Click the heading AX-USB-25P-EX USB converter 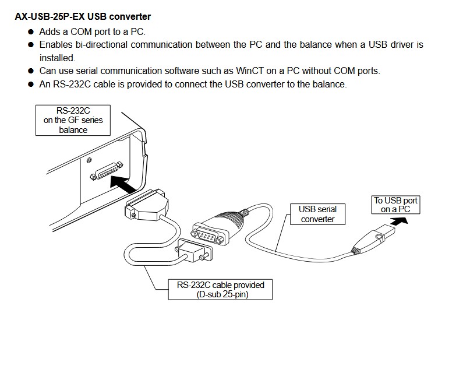(82, 17)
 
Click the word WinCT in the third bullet (252, 71)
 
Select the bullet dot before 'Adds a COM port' (31, 31)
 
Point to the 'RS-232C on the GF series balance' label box (73, 121)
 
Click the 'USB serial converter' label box (317, 214)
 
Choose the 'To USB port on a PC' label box (395, 205)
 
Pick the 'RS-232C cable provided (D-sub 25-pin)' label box (221, 289)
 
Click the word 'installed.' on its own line (58, 58)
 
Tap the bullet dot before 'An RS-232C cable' (31, 85)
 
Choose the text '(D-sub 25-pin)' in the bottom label (221, 294)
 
